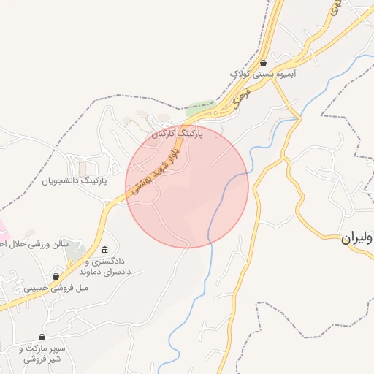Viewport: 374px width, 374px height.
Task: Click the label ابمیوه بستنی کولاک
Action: pos(263,75)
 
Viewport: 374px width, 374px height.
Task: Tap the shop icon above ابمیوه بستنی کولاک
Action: pos(263,64)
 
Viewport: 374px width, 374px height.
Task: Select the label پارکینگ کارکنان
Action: pos(178,134)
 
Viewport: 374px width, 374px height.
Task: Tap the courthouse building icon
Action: pos(105,251)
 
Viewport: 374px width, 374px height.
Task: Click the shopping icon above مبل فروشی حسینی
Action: pos(56,277)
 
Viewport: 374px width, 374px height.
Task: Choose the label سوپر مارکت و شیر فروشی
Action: pos(42,354)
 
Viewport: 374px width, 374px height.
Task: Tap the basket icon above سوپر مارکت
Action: pos(42,337)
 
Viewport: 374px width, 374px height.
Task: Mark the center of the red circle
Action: pos(187,186)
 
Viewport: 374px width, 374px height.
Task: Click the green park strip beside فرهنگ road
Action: pos(199,110)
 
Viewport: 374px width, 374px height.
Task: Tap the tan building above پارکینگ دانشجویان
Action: pos(82,168)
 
